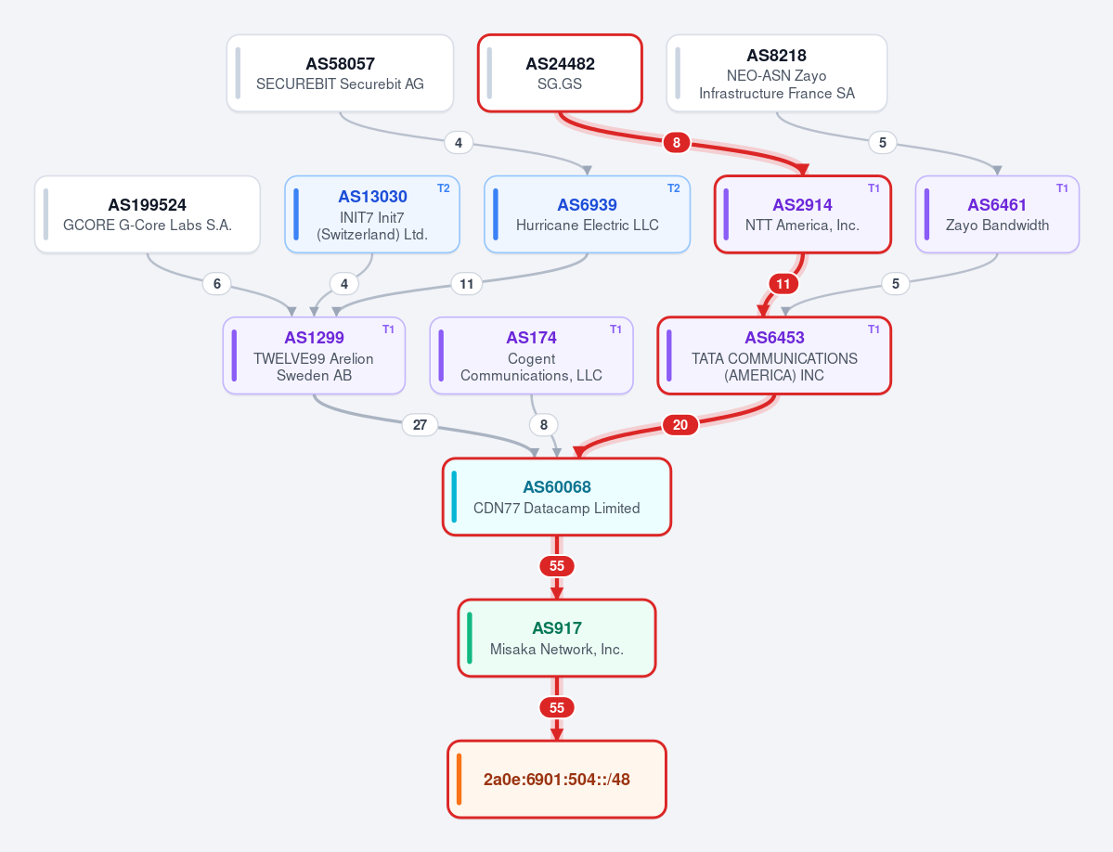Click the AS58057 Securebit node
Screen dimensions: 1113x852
click(x=340, y=73)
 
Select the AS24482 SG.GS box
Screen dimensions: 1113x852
click(x=560, y=73)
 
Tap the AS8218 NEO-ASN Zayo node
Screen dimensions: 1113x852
click(x=777, y=73)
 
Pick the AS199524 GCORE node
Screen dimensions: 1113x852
click(x=147, y=214)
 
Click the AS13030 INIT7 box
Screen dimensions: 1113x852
click(x=372, y=214)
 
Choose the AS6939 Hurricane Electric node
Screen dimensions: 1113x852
click(x=587, y=214)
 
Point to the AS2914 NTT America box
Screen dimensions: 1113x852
click(x=802, y=214)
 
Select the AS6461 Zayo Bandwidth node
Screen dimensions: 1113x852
click(x=997, y=214)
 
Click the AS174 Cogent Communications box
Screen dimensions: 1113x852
click(x=531, y=355)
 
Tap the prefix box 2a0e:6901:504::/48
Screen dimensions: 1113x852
click(x=557, y=779)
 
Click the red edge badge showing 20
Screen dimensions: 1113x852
click(x=680, y=425)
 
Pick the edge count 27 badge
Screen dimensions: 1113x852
click(x=420, y=425)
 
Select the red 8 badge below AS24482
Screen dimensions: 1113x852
click(x=677, y=143)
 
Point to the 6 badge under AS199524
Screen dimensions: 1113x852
click(x=217, y=284)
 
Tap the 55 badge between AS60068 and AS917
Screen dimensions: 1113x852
click(x=557, y=566)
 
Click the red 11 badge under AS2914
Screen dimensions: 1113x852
click(x=783, y=284)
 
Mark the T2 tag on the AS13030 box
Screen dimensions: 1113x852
click(x=443, y=188)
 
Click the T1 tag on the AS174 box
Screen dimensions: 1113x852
click(x=615, y=329)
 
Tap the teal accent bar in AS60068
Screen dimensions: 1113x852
click(x=454, y=497)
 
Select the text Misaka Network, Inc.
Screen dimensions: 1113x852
click(x=557, y=649)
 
